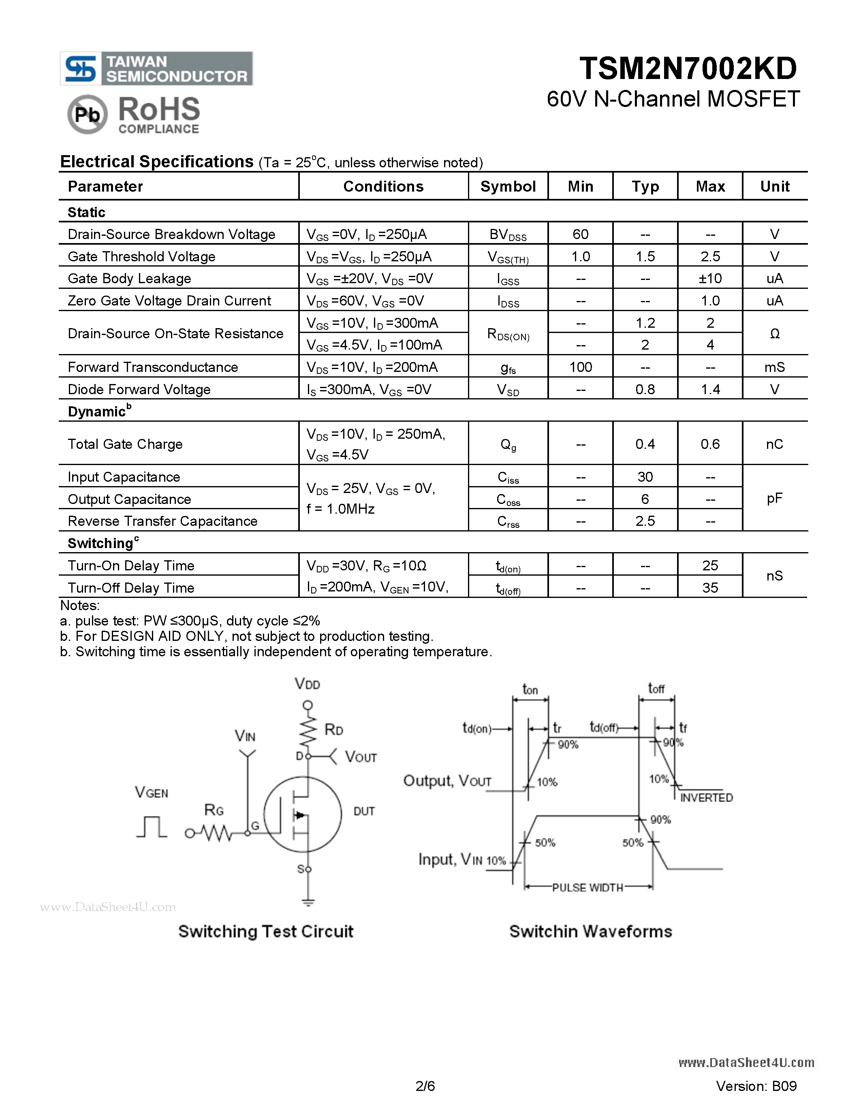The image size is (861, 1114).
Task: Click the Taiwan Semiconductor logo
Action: coord(156,68)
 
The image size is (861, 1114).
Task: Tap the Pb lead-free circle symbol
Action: coord(87,115)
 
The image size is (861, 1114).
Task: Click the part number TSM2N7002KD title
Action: coord(688,68)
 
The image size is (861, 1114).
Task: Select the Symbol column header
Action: coord(508,187)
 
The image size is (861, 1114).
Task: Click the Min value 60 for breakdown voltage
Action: coord(581,234)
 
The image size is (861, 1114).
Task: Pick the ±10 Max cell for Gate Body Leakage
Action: coord(710,279)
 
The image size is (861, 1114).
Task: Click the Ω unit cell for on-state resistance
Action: coord(774,333)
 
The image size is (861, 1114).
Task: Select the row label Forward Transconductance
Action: coord(153,367)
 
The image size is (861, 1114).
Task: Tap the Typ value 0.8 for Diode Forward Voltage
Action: coord(645,390)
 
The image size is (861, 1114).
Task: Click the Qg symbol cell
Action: coord(508,444)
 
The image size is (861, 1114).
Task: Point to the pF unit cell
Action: coord(774,498)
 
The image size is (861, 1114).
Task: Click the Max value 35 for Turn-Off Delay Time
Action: coord(710,588)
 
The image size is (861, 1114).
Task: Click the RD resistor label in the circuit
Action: coord(333,730)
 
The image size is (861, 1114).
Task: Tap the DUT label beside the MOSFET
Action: coord(364,811)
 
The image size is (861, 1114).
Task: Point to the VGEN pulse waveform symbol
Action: coord(152,827)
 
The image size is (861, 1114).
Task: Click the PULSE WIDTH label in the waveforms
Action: coord(588,888)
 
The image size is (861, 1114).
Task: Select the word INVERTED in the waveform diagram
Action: coord(707,798)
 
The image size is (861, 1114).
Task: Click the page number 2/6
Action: coord(425,1086)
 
